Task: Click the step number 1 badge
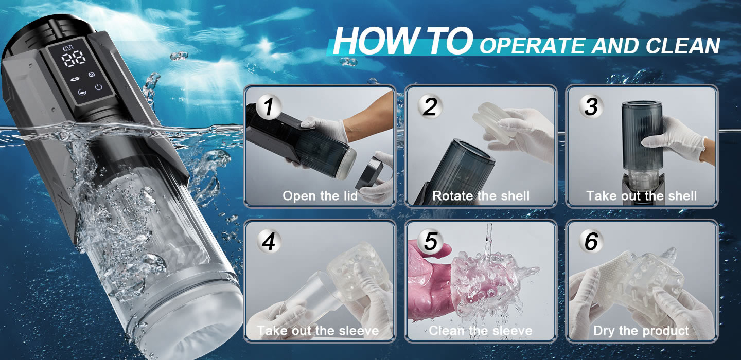tap(268, 107)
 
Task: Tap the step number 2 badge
tap(430, 107)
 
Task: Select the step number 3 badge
tap(591, 107)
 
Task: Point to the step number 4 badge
tap(268, 241)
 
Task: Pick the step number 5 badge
tap(430, 241)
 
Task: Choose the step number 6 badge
tap(591, 241)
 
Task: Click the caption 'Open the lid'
tap(320, 196)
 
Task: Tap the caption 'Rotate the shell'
tap(481, 196)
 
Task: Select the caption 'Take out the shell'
tap(642, 196)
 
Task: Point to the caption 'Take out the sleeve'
tap(318, 330)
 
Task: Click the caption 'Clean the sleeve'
tap(481, 330)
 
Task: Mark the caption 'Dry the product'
tap(641, 331)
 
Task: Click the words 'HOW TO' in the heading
tap(403, 41)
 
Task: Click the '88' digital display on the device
tap(73, 59)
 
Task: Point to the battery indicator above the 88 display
tap(68, 48)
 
